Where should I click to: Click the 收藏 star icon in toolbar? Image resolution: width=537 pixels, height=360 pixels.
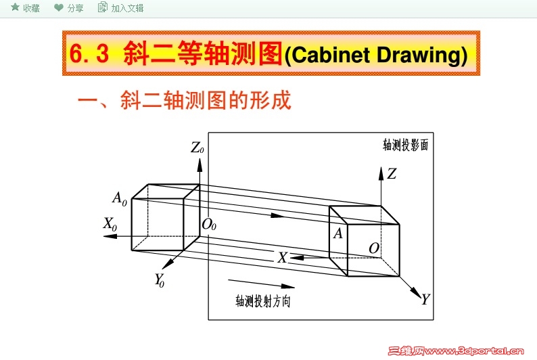click(x=15, y=7)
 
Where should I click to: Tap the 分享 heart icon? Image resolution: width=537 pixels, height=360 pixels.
click(x=59, y=7)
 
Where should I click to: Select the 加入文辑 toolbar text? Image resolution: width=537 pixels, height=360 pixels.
click(x=127, y=8)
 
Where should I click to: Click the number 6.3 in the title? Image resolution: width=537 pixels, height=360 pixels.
click(x=89, y=54)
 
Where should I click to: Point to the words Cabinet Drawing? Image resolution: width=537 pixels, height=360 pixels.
click(x=375, y=55)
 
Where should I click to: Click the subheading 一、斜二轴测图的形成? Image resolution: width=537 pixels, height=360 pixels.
click(x=184, y=101)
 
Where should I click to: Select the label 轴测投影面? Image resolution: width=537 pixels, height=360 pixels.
click(x=405, y=144)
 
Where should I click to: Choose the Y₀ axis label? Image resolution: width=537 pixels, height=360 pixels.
click(x=160, y=279)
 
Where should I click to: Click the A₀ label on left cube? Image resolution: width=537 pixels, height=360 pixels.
click(x=120, y=199)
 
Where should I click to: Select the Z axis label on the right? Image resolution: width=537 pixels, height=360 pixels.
click(x=392, y=174)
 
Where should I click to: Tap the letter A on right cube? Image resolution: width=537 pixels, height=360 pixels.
click(x=337, y=233)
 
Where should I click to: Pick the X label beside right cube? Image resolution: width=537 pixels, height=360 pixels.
click(x=283, y=257)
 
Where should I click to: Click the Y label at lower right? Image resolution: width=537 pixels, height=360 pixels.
click(x=425, y=299)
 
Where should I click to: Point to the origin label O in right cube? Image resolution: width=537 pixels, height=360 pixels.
click(x=373, y=248)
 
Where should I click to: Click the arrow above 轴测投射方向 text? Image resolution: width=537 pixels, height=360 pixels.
click(x=261, y=283)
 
